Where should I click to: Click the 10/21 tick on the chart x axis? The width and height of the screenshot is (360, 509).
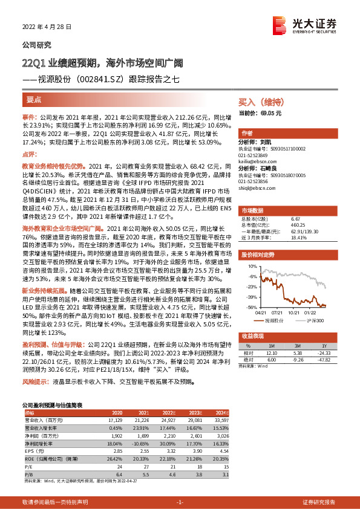295,312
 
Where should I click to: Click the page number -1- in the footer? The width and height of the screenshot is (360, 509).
179,502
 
